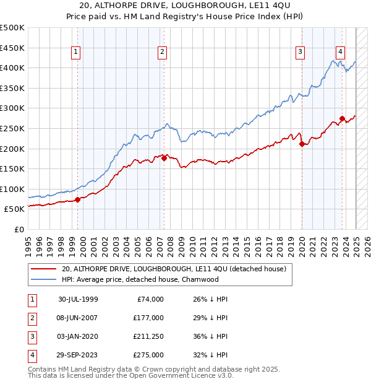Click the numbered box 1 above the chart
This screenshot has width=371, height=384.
pyautogui.click(x=75, y=53)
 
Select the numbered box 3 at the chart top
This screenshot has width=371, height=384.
pyautogui.click(x=300, y=53)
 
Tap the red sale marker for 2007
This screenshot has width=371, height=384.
pyautogui.click(x=164, y=158)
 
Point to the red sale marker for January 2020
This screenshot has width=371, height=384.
pyautogui.click(x=302, y=144)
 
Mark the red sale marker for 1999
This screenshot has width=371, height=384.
pyautogui.click(x=78, y=199)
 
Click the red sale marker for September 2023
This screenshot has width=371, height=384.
pyautogui.click(x=342, y=118)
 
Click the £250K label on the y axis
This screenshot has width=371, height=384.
pyautogui.click(x=12, y=128)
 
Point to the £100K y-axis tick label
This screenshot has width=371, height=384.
pyautogui.click(x=12, y=189)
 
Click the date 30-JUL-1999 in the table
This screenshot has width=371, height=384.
pyautogui.click(x=79, y=299)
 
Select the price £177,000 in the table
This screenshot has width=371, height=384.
pyautogui.click(x=148, y=318)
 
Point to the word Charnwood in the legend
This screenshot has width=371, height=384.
pyautogui.click(x=200, y=279)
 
